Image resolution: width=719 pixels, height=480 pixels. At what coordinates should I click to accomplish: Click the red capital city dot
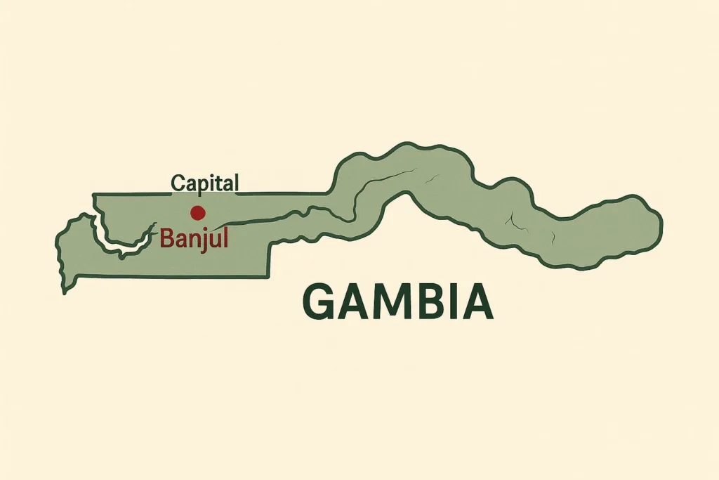(197, 212)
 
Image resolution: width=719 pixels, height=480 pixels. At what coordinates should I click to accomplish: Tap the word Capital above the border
(205, 184)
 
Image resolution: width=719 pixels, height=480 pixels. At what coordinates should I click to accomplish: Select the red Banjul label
(194, 238)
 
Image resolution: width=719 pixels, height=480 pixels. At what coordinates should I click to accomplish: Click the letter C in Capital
(178, 183)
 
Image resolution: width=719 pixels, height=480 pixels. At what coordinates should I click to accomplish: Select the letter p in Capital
(204, 186)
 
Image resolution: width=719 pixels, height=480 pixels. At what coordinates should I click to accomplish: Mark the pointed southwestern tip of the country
(65, 290)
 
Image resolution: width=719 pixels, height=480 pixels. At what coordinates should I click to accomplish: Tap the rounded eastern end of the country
(659, 223)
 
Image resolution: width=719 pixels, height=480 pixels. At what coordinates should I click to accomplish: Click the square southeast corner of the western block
(268, 276)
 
